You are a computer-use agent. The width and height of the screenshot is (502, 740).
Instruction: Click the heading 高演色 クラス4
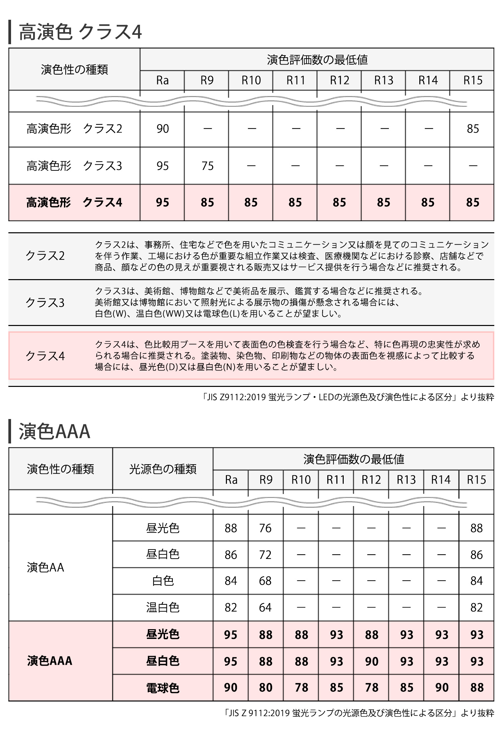tap(80, 32)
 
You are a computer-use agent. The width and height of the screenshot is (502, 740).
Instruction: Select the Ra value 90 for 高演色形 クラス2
tap(163, 129)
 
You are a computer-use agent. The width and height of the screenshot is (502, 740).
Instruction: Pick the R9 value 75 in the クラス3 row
tap(207, 166)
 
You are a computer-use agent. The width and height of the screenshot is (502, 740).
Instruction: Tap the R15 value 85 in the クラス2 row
tap(473, 129)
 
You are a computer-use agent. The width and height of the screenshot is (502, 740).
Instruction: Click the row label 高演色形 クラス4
tap(74, 202)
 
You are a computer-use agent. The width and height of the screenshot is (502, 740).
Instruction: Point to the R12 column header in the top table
tap(339, 80)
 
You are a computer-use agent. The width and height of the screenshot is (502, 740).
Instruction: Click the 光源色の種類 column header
tap(163, 469)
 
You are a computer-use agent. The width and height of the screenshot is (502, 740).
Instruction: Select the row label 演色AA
tap(46, 567)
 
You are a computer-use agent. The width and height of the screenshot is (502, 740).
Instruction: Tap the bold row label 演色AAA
tap(50, 661)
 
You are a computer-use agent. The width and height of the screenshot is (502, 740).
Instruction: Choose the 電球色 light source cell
tap(163, 688)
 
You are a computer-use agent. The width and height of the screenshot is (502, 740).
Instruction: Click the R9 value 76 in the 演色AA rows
tap(265, 528)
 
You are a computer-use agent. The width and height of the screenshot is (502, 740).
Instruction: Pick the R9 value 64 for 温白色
tap(265, 607)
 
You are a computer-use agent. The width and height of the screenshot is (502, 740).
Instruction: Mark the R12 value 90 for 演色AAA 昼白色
tap(371, 661)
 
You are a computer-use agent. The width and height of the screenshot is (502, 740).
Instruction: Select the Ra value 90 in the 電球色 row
tap(231, 687)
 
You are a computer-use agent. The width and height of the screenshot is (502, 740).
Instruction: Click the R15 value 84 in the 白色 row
tap(476, 581)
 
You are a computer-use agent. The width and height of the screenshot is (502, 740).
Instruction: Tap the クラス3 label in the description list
tap(45, 303)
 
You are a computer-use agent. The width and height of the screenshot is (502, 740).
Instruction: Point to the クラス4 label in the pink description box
tap(45, 356)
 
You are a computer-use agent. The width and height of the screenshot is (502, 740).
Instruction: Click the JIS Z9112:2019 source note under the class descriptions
tap(348, 397)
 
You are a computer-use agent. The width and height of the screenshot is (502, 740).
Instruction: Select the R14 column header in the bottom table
tap(441, 480)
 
